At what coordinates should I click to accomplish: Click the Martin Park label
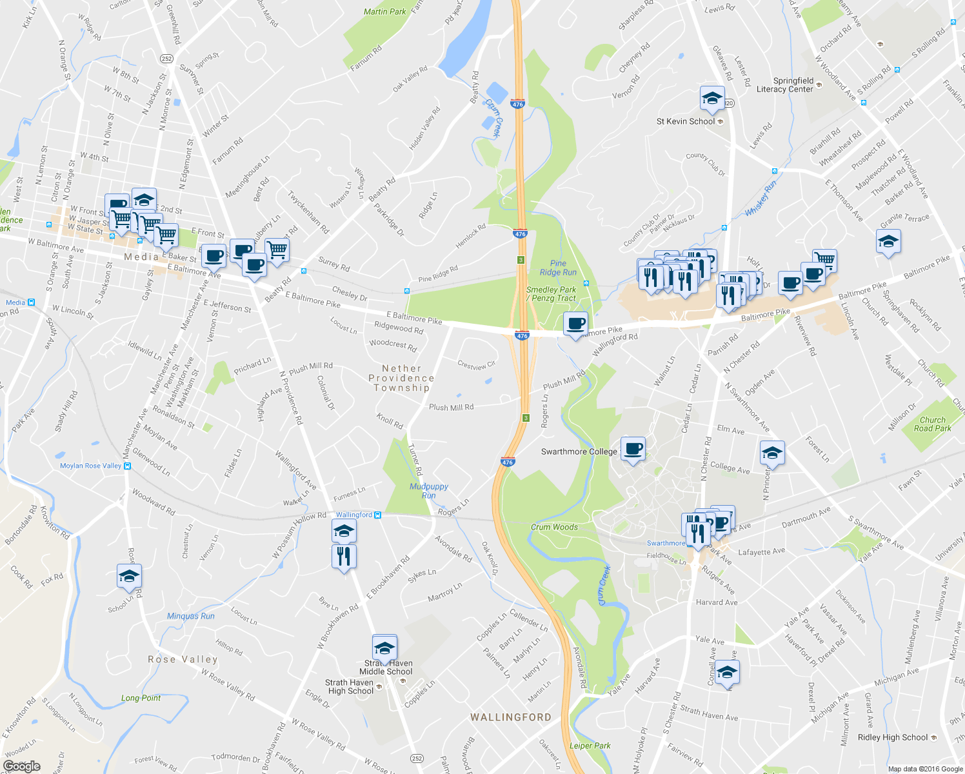[384, 12]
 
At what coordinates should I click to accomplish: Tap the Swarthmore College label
[579, 451]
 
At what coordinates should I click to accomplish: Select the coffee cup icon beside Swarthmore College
[632, 448]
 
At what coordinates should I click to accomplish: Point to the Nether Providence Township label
[401, 378]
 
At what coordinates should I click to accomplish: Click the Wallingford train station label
[354, 515]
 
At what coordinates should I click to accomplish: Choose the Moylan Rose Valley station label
[90, 466]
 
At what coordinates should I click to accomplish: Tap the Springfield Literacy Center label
[785, 85]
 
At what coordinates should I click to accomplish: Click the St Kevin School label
[686, 121]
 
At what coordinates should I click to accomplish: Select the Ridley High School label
[893, 737]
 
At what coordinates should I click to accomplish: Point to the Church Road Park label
[932, 424]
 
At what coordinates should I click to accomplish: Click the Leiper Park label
[590, 746]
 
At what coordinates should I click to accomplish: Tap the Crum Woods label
[554, 527]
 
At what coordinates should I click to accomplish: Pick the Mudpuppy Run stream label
[429, 491]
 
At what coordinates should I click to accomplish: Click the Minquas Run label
[191, 616]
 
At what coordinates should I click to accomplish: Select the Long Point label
[141, 698]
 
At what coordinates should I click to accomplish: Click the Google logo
[21, 766]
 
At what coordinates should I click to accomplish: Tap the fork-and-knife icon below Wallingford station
[344, 556]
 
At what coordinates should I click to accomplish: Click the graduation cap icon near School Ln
[129, 576]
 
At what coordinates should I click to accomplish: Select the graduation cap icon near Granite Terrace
[888, 242]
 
